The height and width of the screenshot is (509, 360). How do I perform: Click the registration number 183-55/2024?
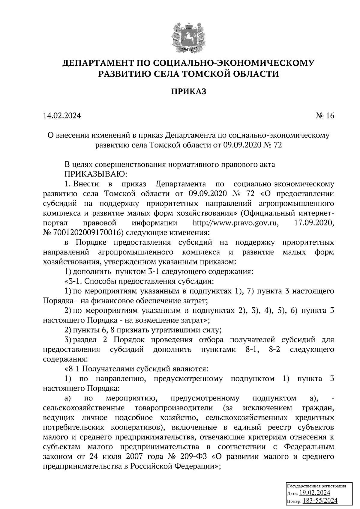point(320,501)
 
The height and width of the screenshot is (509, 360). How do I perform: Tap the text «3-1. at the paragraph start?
point(73,281)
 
